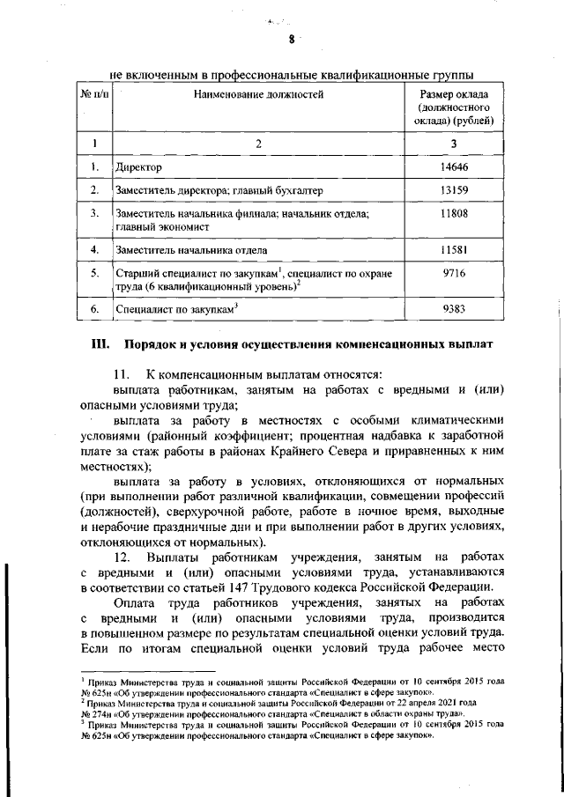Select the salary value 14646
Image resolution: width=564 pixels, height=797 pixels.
[x=453, y=166]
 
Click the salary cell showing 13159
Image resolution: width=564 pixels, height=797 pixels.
[x=453, y=189]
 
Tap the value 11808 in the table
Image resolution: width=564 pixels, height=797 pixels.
[x=453, y=213]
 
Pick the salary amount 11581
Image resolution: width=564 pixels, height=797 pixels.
[x=453, y=250]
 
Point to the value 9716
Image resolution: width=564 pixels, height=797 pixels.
[x=453, y=274]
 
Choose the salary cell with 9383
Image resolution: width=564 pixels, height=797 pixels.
[x=453, y=309]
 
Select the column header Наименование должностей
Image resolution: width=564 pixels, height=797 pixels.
[x=258, y=92]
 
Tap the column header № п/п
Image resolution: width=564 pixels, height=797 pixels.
[x=94, y=92]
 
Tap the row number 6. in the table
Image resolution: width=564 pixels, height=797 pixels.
[x=94, y=309]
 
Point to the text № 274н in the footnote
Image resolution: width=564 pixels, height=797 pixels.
[x=98, y=714]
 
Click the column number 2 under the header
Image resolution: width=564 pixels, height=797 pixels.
[x=258, y=142]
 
